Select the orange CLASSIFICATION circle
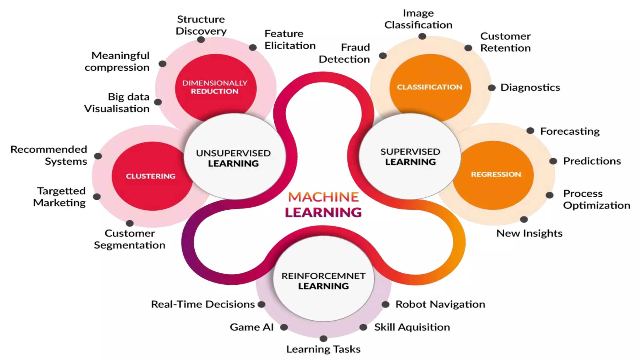[430, 87]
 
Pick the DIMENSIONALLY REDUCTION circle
[215, 87]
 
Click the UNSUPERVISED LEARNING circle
[234, 158]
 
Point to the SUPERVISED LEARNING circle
[410, 157]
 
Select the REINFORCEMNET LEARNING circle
[323, 281]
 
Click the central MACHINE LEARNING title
[323, 205]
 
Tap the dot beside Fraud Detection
[382, 56]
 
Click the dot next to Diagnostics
[492, 88]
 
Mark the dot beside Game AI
[284, 327]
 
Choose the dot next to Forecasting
[530, 131]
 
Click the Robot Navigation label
[440, 304]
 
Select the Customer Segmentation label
[130, 239]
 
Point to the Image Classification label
[418, 19]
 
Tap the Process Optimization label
[596, 199]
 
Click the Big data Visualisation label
[117, 102]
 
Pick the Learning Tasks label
[323, 349]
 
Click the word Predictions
[592, 161]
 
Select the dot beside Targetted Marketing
[97, 197]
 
